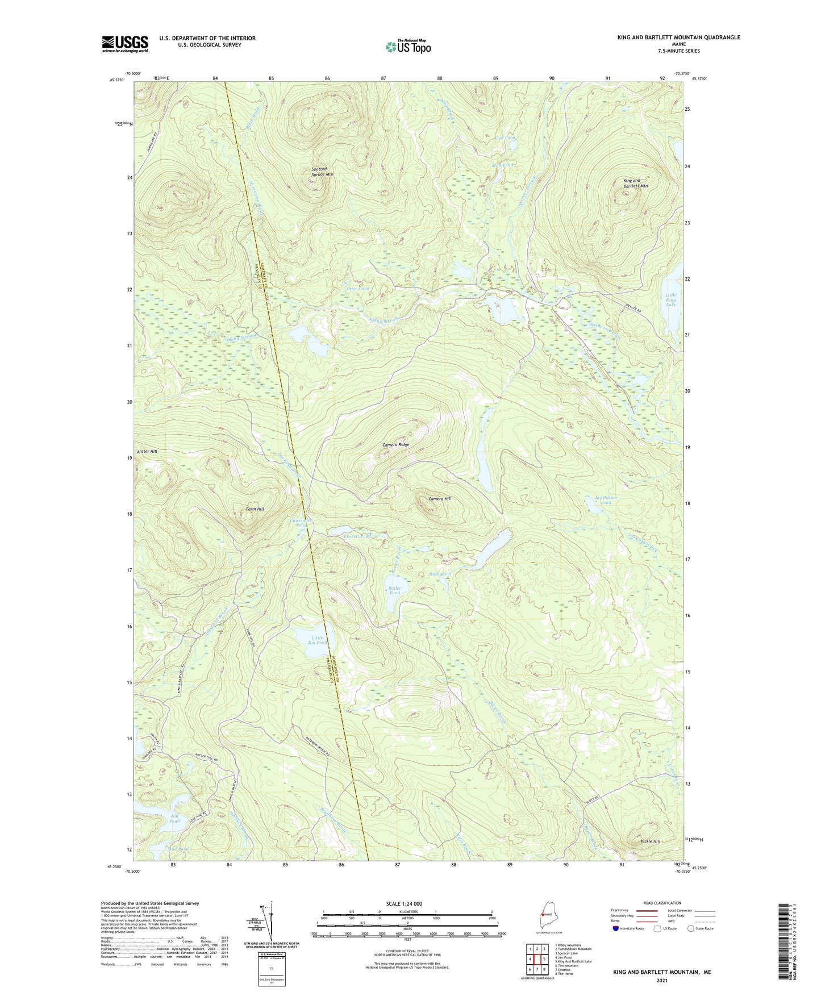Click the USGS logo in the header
point(124,44)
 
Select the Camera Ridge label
point(395,445)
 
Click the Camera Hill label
point(440,498)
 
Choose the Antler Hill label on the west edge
point(147,451)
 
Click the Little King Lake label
point(670,300)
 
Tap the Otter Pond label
point(358,289)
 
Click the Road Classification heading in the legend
point(662,903)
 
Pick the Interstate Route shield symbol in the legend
point(616,928)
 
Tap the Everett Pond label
point(357,536)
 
